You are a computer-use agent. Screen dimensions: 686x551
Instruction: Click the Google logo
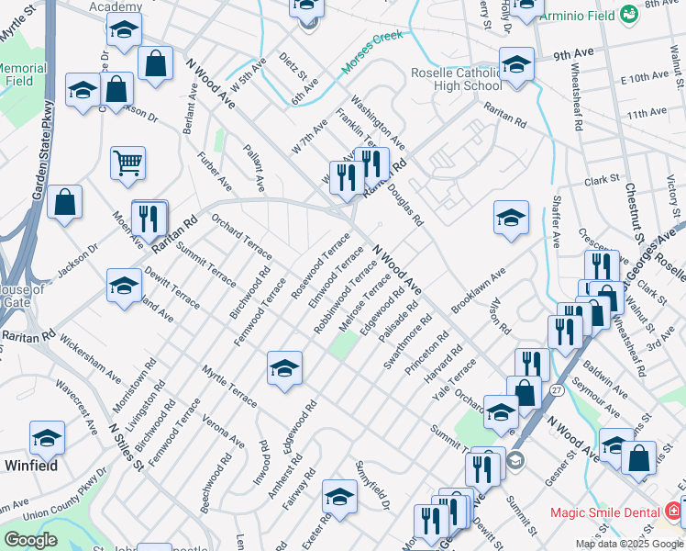pos(29,540)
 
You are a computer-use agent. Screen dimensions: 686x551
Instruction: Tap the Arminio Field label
pos(577,17)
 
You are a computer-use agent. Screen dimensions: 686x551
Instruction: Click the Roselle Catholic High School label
pos(456,80)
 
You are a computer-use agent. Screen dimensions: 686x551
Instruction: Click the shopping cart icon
pos(127,163)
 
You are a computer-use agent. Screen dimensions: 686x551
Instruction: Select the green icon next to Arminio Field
pos(628,15)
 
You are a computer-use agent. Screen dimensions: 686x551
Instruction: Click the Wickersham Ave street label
pos(91,360)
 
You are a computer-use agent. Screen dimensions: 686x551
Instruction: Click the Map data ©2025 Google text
pos(629,544)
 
